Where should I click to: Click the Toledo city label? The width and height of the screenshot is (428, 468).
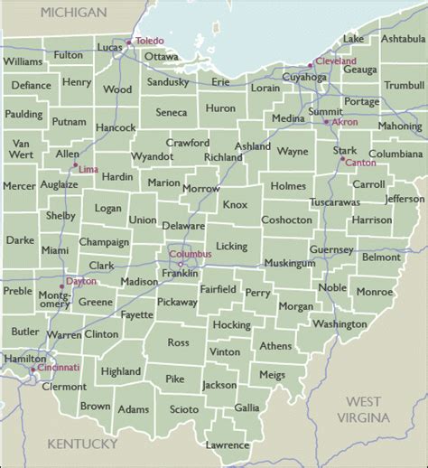(x=150, y=42)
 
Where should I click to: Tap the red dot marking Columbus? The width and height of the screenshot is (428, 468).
(x=180, y=264)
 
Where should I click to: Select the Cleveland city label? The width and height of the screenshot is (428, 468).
(x=336, y=61)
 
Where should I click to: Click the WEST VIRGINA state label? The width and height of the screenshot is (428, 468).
(x=365, y=409)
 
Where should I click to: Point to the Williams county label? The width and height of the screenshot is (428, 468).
(x=23, y=61)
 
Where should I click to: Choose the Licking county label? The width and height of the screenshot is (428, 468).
(x=231, y=246)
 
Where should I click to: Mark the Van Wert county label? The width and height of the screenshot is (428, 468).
(x=23, y=149)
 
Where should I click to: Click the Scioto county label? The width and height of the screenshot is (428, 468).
(x=184, y=409)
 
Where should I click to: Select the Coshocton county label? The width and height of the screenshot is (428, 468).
(x=286, y=220)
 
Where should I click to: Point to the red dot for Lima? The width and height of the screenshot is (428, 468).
(x=76, y=164)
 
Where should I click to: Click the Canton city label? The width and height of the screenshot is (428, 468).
(x=360, y=163)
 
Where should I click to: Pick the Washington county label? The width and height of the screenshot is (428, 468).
(x=340, y=323)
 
